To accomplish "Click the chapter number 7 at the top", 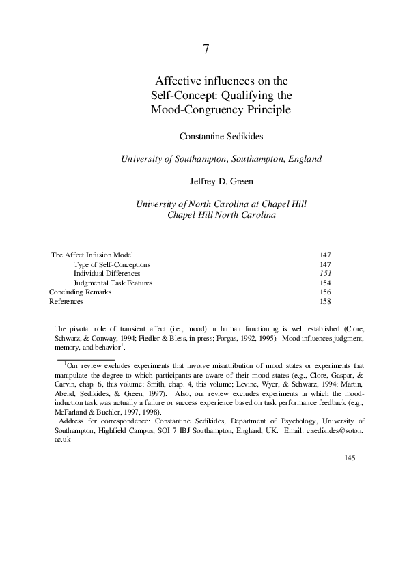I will pos(206,49).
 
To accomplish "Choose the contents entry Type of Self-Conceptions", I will pos(112,264).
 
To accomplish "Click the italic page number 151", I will pos(325,273).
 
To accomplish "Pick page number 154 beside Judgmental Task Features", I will pos(325,283).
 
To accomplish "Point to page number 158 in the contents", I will pos(325,301).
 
